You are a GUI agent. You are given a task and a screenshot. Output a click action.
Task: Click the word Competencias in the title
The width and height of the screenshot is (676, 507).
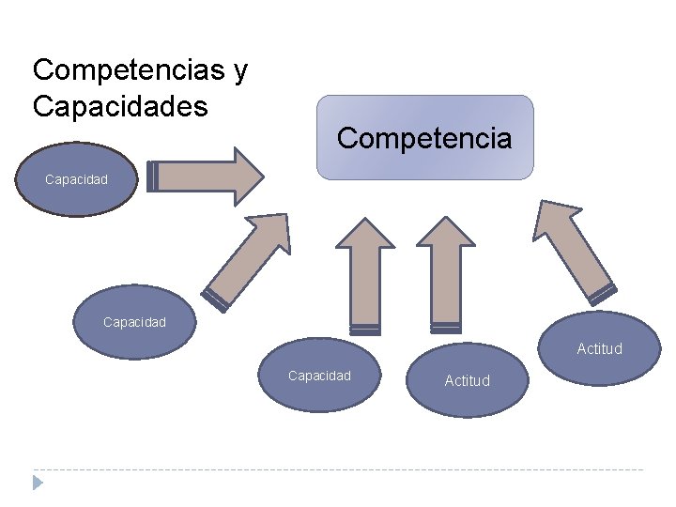point(128,70)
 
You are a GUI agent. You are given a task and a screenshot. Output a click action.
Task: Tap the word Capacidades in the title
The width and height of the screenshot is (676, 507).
point(120,106)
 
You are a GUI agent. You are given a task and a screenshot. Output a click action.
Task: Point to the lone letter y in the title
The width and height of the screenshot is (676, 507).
point(240,72)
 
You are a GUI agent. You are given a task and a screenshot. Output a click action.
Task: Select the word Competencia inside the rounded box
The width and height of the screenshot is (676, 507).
point(424,139)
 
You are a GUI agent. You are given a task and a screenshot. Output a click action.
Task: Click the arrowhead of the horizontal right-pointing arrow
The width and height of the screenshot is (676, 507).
point(247,176)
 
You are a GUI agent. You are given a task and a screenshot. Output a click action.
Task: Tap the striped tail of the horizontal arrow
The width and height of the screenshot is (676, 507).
point(153,177)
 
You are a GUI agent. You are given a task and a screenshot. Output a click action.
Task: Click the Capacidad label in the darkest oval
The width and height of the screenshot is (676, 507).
point(76,178)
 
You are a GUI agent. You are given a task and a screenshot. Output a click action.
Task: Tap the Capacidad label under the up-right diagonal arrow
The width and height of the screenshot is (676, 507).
point(134,322)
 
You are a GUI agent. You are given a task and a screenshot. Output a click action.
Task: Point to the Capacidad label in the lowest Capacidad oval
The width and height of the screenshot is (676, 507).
point(319,376)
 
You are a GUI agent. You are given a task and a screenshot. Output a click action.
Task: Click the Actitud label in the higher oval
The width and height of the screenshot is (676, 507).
point(599,348)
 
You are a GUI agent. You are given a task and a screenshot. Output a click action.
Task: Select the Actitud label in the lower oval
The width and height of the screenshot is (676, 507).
point(467,380)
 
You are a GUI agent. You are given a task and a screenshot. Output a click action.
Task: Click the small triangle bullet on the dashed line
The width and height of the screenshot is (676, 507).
point(38,483)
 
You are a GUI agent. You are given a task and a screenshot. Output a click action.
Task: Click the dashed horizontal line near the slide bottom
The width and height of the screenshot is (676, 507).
point(338,469)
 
